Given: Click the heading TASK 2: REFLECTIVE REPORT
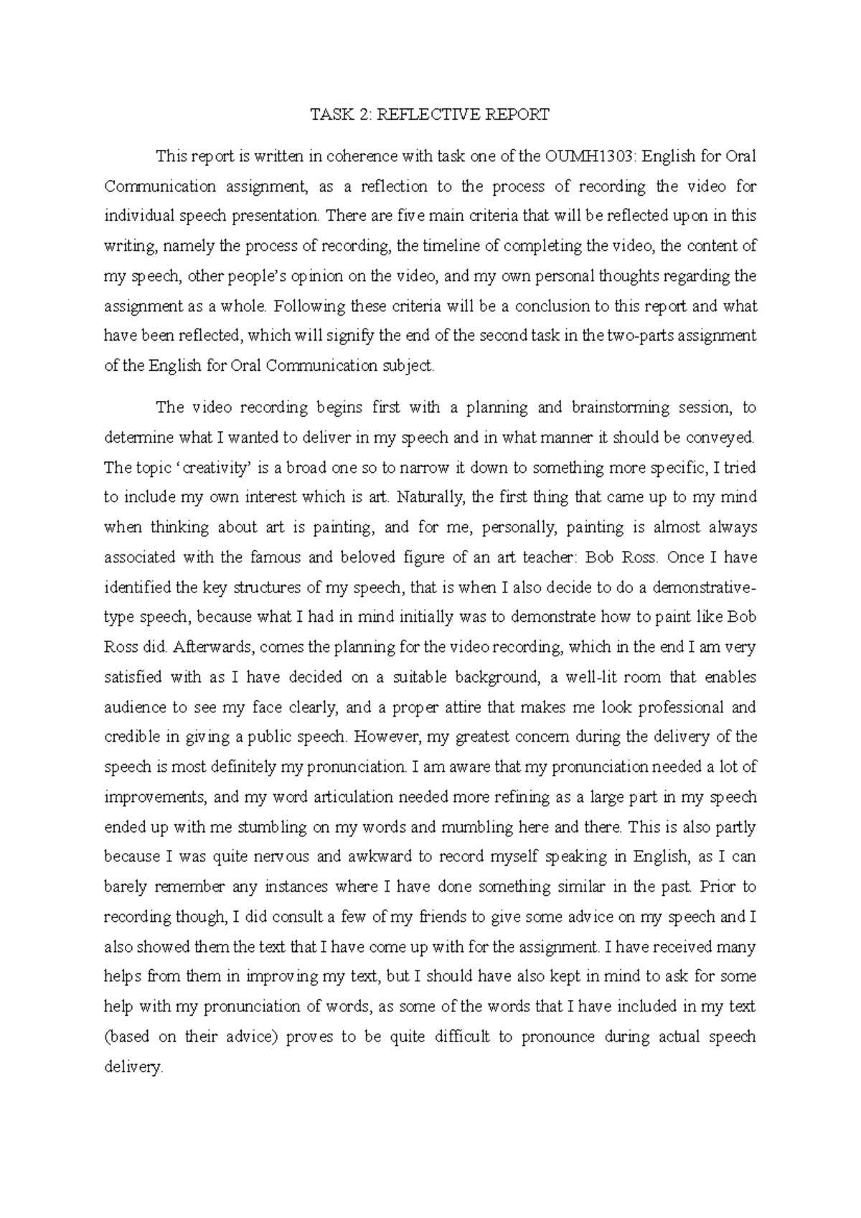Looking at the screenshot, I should tap(429, 115).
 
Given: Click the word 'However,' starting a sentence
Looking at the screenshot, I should tap(382, 737).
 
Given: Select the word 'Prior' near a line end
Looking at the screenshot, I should tap(718, 887).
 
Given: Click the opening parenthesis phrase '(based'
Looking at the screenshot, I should tap(126, 1037).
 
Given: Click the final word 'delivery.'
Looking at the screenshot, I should tap(134, 1067).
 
